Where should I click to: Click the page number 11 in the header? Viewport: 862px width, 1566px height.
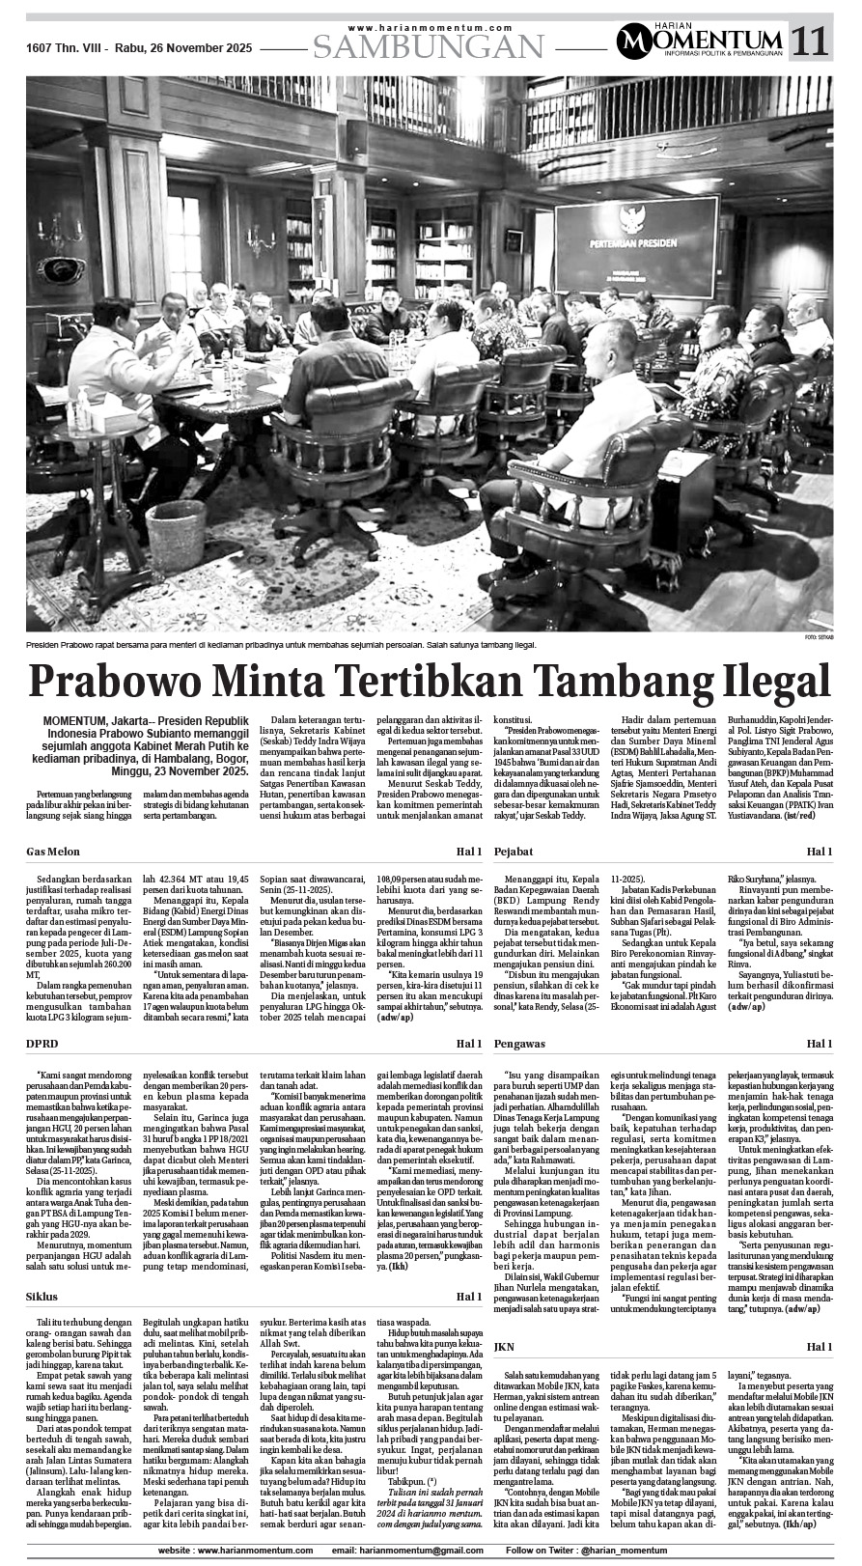pyautogui.click(x=811, y=40)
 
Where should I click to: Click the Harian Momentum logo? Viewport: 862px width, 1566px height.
pyautogui.click(x=700, y=40)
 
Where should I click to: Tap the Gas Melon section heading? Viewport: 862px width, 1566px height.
pyautogui.click(x=53, y=852)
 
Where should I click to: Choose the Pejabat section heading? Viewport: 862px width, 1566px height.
pyautogui.click(x=514, y=852)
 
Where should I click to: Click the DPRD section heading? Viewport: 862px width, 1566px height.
pyautogui.click(x=42, y=1044)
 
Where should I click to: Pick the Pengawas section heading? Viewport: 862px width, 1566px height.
pyautogui.click(x=520, y=1044)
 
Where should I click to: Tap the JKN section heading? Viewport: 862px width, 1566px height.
pyautogui.click(x=504, y=1346)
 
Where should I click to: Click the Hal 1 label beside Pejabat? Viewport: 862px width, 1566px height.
pyautogui.click(x=819, y=852)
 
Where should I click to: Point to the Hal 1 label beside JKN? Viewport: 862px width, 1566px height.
pyautogui.click(x=819, y=1346)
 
